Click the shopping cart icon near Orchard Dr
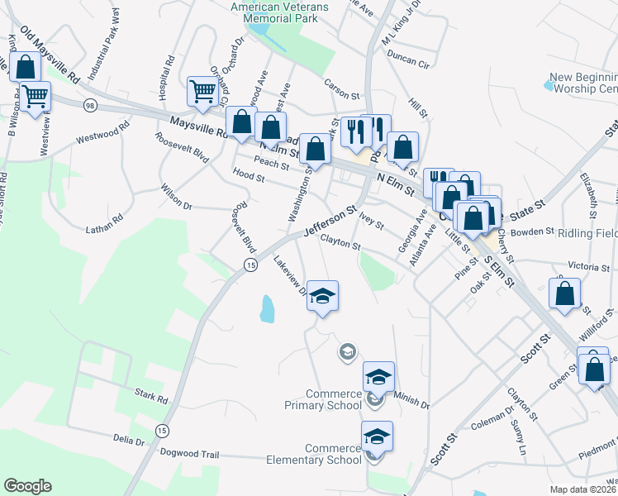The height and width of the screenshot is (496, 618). click(202, 91)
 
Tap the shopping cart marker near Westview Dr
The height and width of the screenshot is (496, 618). click(35, 98)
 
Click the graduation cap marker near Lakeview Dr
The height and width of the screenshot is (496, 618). click(323, 296)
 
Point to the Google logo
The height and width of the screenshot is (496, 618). click(27, 486)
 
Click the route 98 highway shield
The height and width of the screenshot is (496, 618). click(90, 105)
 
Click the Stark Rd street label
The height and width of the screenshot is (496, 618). click(151, 400)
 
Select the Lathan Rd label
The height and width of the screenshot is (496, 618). click(104, 222)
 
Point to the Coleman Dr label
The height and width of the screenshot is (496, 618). click(491, 414)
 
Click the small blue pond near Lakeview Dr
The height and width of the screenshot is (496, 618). click(267, 308)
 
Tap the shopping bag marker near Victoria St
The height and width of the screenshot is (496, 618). click(565, 295)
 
